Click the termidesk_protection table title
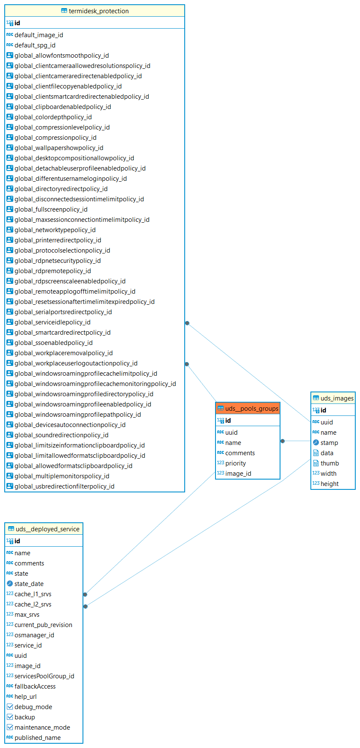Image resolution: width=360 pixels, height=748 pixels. click(x=98, y=11)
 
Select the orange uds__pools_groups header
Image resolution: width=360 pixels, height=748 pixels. click(x=251, y=409)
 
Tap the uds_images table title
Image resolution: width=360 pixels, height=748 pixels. click(x=337, y=398)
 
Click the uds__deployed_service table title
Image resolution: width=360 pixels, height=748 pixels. click(x=47, y=529)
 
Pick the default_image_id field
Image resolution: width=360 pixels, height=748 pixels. click(x=38, y=35)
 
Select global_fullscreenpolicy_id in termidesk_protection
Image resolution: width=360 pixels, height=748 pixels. click(x=51, y=209)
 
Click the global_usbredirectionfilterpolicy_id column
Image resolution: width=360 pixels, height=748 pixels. click(x=64, y=486)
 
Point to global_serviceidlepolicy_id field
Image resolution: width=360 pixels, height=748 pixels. click(x=52, y=322)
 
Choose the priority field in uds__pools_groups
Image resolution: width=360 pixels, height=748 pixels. click(x=236, y=463)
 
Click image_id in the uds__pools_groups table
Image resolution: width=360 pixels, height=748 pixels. click(x=238, y=474)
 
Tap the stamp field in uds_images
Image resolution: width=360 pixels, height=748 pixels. click(x=329, y=443)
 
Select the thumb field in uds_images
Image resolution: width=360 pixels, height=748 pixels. click(x=330, y=463)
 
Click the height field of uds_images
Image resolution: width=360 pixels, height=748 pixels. click(x=330, y=484)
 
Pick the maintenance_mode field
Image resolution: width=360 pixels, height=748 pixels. click(x=42, y=727)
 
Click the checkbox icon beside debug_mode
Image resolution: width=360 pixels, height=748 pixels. click(x=10, y=707)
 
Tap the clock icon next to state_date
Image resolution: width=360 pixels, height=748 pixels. click(x=10, y=584)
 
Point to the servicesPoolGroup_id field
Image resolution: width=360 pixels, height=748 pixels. click(x=44, y=676)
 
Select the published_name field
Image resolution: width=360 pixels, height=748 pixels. click(x=38, y=738)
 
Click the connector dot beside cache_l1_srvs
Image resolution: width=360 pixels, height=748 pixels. click(x=85, y=595)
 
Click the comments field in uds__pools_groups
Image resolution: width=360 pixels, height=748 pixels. click(x=240, y=453)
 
